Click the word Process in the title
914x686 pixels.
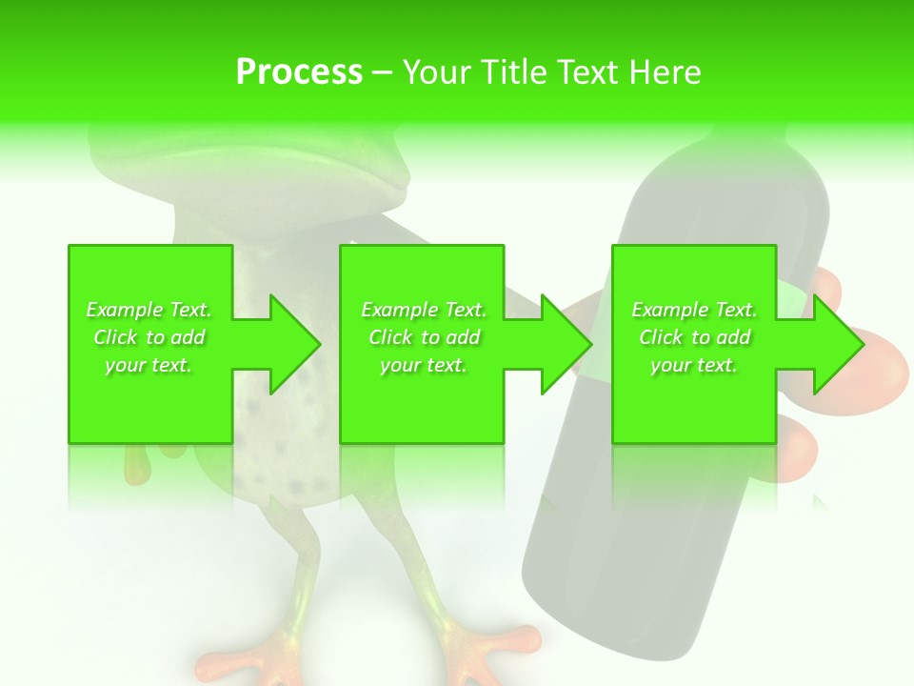(x=299, y=71)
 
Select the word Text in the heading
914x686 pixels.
(x=585, y=71)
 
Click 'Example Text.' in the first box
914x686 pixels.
(x=149, y=310)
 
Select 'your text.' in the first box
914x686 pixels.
(x=149, y=365)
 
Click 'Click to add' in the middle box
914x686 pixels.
(x=424, y=337)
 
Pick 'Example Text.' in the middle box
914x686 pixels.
(x=424, y=310)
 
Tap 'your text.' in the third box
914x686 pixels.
(x=694, y=365)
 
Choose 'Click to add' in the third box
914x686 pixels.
(x=694, y=337)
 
